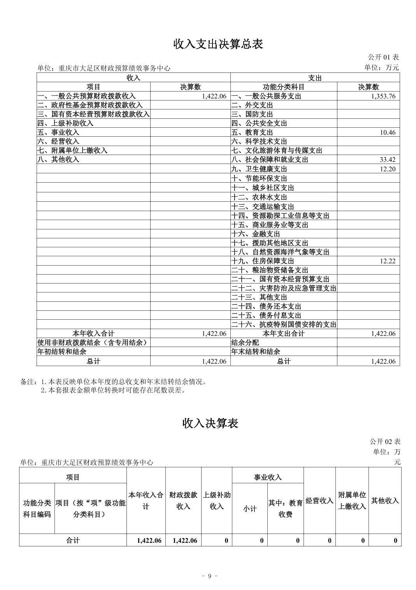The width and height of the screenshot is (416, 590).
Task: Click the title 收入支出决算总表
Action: click(218, 44)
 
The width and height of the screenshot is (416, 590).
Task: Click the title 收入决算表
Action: click(210, 423)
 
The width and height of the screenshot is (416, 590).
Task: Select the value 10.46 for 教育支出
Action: click(388, 132)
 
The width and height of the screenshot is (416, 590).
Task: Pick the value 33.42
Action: click(388, 160)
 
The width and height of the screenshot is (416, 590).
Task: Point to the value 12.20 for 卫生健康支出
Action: click(388, 169)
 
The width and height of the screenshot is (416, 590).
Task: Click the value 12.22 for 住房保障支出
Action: click(388, 261)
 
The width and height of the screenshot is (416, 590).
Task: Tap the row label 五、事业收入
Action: click(58, 132)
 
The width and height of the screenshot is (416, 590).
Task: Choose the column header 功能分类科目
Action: click(284, 87)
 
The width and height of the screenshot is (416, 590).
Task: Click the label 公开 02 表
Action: click(385, 441)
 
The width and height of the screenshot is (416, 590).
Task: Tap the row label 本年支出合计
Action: click(284, 333)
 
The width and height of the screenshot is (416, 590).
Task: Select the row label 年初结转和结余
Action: click(62, 351)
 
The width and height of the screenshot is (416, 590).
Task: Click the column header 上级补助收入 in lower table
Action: click(217, 500)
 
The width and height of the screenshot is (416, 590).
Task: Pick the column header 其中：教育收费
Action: click(285, 509)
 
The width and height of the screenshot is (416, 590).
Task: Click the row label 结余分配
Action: click(245, 342)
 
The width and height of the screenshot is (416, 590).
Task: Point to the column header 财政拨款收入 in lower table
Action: click(183, 500)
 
